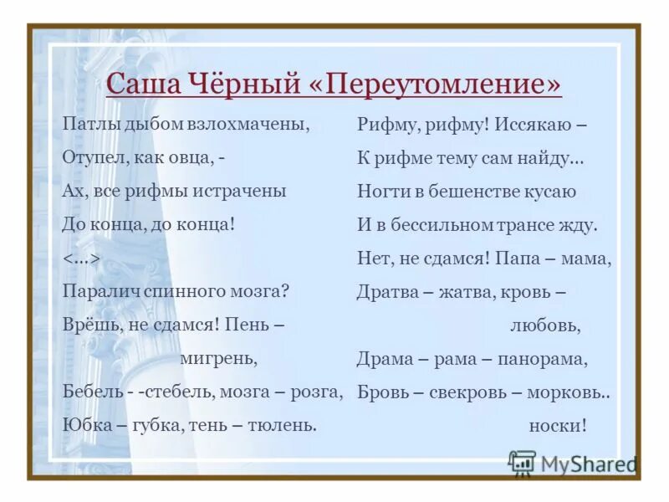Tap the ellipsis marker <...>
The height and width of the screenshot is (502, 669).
click(x=82, y=259)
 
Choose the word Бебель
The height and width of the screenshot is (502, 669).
click(x=89, y=392)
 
